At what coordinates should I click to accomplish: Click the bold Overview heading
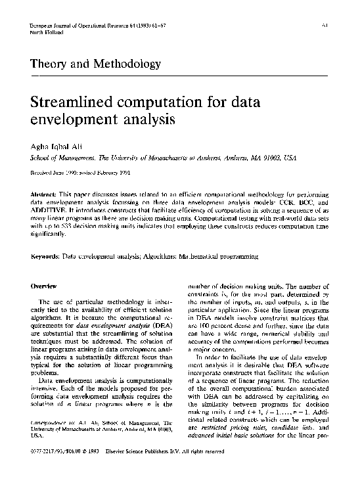click(45, 286)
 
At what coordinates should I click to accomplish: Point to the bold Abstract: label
click(46, 197)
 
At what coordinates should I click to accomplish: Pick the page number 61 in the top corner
click(326, 26)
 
